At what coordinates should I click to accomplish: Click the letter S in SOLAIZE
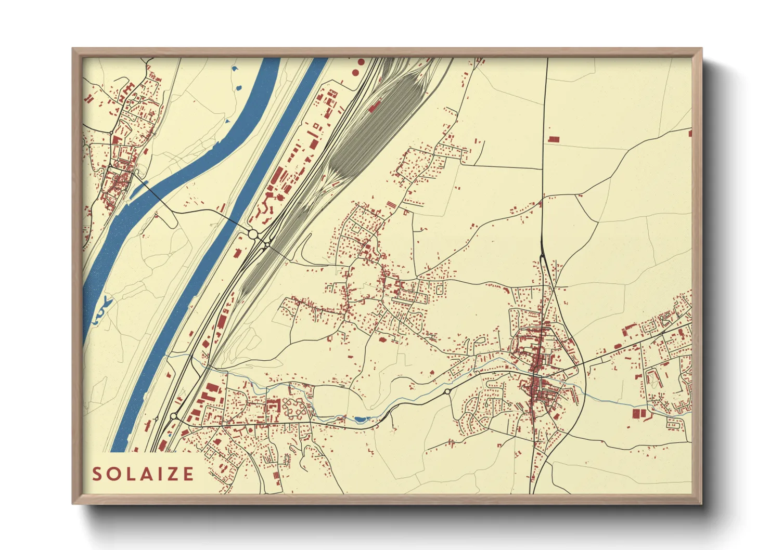click(97, 474)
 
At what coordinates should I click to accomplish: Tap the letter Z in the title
click(171, 474)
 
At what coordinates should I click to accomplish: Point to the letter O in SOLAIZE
click(113, 474)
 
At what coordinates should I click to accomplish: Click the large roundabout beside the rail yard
click(253, 234)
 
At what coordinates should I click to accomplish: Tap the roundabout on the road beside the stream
click(447, 391)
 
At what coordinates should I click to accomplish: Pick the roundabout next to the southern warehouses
click(173, 416)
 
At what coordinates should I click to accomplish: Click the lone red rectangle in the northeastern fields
click(554, 139)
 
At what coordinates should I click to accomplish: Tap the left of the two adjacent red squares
click(635, 414)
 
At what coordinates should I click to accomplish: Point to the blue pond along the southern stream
click(360, 419)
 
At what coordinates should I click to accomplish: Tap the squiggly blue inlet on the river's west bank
click(102, 310)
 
